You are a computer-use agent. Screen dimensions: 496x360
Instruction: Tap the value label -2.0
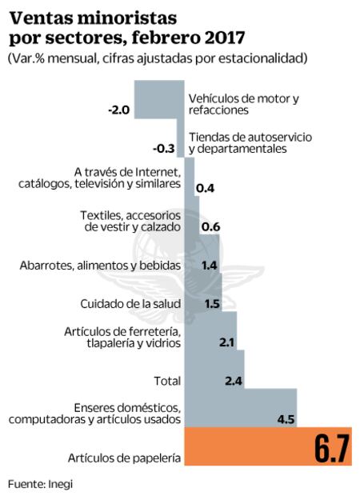(x=118, y=110)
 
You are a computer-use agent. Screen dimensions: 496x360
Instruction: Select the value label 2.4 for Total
(x=234, y=381)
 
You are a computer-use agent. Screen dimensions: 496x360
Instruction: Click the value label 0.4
(x=206, y=188)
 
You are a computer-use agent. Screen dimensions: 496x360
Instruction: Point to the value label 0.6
(x=210, y=226)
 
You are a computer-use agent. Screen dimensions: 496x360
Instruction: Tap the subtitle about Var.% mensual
(x=158, y=59)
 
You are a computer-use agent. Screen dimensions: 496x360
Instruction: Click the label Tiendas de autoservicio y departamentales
(x=250, y=142)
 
